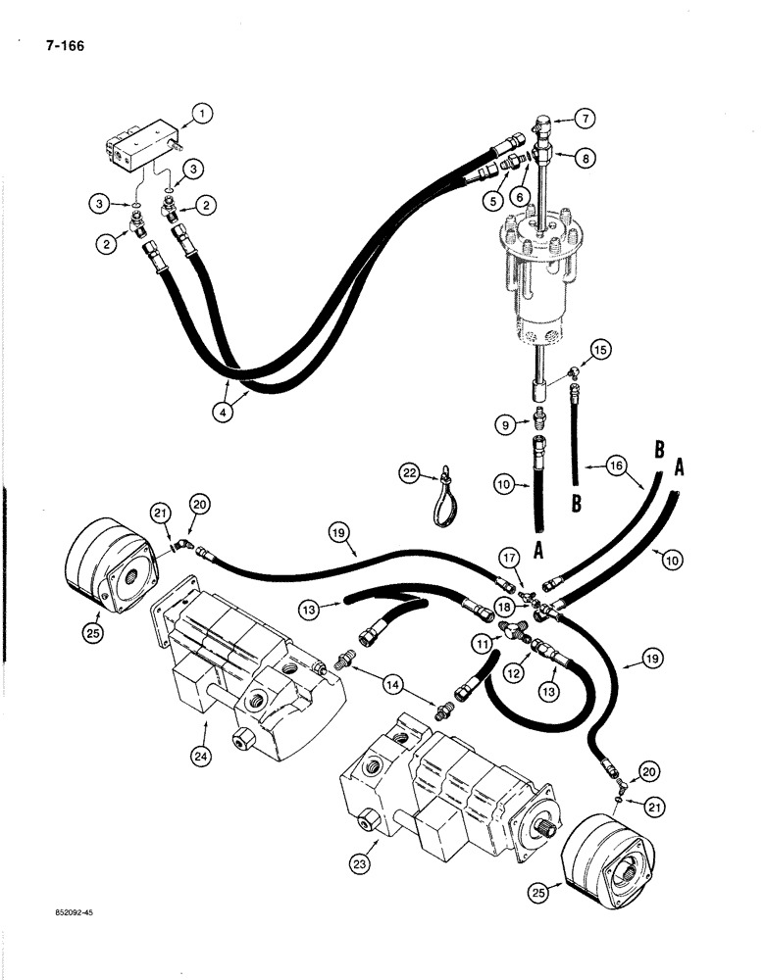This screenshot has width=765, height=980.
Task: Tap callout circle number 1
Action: (x=202, y=115)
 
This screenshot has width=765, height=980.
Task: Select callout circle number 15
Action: (x=600, y=349)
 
